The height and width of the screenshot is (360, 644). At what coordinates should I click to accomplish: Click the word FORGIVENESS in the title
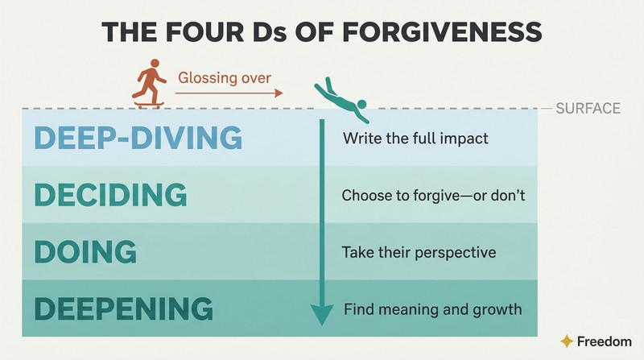pos(442,32)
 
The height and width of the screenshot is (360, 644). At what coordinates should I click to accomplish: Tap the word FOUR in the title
pos(204,32)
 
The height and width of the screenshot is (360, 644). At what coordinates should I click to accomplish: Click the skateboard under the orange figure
pos(149,106)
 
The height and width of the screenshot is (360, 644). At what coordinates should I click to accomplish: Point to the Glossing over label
pos(225,77)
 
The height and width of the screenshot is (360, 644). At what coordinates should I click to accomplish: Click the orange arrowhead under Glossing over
pos(279,93)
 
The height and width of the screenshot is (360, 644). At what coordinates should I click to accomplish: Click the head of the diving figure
pos(361,104)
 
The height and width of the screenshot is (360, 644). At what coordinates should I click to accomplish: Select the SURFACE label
pos(588,109)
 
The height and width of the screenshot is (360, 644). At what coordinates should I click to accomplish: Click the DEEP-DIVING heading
pos(138,137)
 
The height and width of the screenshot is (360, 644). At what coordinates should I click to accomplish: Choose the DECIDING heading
pos(110,194)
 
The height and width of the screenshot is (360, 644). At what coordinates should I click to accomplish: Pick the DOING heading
pos(85,251)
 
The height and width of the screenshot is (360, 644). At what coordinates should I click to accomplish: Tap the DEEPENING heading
pos(124,308)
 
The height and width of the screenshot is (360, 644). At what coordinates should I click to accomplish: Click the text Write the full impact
pos(415,139)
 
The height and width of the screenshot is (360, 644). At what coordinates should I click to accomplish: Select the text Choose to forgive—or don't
pos(433,195)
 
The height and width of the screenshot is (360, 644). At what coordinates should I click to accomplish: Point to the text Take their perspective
pos(419,252)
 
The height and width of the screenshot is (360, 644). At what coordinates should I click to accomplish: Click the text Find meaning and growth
pos(433,309)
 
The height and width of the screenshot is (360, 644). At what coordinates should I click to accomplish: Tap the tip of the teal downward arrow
pos(322,325)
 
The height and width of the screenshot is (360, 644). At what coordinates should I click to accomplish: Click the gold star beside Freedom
pos(567,341)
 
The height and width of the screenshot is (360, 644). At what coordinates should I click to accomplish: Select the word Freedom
pos(605,341)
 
